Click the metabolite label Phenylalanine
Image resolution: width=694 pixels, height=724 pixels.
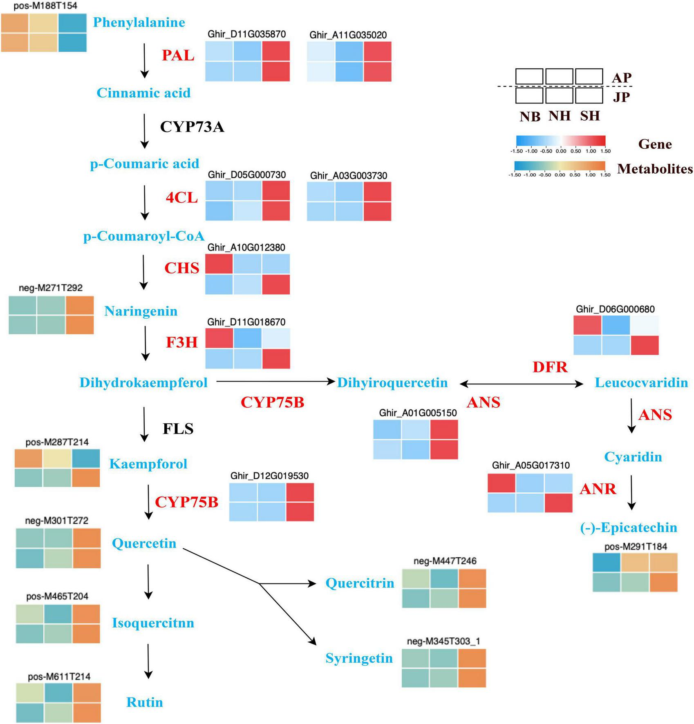pyautogui.click(x=139, y=22)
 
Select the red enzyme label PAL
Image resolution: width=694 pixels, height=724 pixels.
pyautogui.click(x=178, y=55)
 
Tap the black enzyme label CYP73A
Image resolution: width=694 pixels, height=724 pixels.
pyautogui.click(x=192, y=127)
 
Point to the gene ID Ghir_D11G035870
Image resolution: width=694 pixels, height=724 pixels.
pyautogui.click(x=246, y=34)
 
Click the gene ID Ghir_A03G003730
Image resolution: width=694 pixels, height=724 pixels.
pyautogui.click(x=349, y=175)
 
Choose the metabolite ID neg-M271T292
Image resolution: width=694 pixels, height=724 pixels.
pyautogui.click(x=51, y=288)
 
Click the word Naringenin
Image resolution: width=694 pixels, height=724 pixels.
pyautogui.click(x=141, y=311)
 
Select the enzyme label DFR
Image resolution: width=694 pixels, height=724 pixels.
pyautogui.click(x=550, y=367)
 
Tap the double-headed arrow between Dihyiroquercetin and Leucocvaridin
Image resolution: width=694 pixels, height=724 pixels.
pyautogui.click(x=521, y=384)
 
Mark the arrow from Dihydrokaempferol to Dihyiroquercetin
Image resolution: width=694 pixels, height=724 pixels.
pyautogui.click(x=275, y=382)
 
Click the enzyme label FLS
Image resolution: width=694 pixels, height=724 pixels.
pyautogui.click(x=178, y=429)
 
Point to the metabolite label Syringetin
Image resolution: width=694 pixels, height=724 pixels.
pyautogui.click(x=359, y=658)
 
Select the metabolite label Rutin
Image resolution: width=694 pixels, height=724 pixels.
pyautogui.click(x=145, y=702)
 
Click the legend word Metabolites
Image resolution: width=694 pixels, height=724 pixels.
pyautogui.click(x=655, y=169)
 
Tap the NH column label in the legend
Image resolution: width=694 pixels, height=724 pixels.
pyautogui.click(x=560, y=116)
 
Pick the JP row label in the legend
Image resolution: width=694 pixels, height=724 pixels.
pyautogui.click(x=621, y=97)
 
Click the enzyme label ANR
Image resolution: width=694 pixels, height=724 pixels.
pyautogui.click(x=598, y=489)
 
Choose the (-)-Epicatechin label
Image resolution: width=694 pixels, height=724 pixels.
pyautogui.click(x=629, y=527)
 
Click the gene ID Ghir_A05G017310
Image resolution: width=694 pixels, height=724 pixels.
pyautogui.click(x=531, y=465)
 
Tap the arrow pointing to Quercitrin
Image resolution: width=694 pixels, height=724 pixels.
pyautogui.click(x=288, y=584)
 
